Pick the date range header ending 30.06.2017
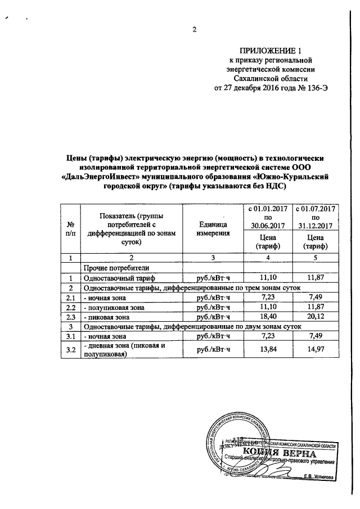pyautogui.click(x=267, y=217)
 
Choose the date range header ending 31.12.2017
pyautogui.click(x=315, y=217)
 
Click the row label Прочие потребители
pyautogui.click(x=116, y=268)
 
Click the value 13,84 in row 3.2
pyautogui.click(x=267, y=350)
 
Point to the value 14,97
pyautogui.click(x=315, y=350)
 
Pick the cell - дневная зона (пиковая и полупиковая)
pyautogui.click(x=123, y=350)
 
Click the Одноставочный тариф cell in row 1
pyautogui.click(x=119, y=278)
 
